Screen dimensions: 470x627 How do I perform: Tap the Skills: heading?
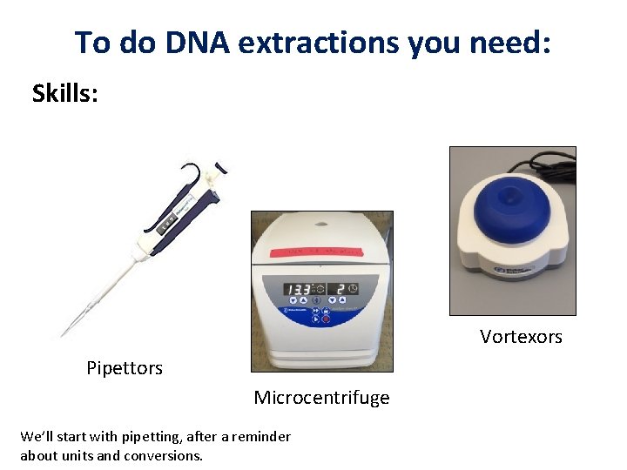[x=65, y=93]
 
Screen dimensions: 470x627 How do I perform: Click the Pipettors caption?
[x=125, y=368]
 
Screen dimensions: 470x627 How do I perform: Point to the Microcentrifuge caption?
[x=321, y=398]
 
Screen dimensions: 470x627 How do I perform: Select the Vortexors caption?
[x=521, y=337]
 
